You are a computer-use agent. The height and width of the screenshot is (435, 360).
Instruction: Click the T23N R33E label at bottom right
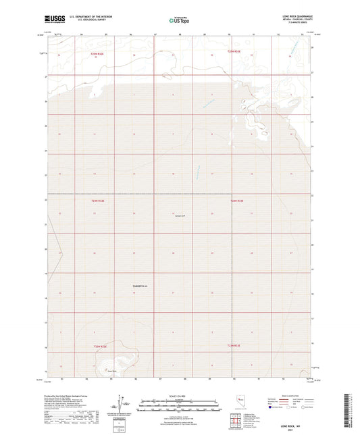[x=234, y=346]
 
